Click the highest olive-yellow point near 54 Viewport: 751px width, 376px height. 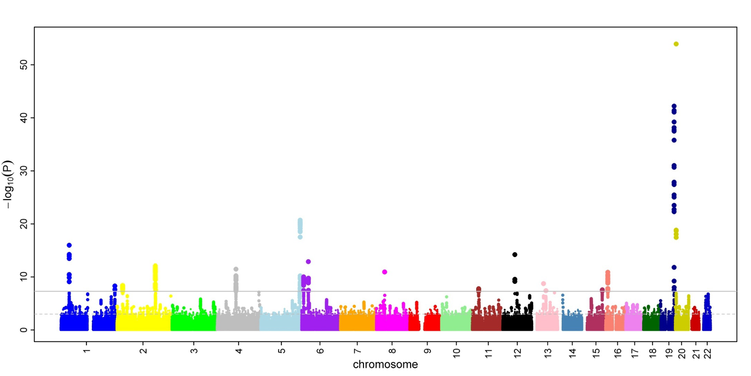(x=676, y=44)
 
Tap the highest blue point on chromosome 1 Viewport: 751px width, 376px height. (x=70, y=245)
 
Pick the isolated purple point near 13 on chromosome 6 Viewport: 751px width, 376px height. (x=308, y=261)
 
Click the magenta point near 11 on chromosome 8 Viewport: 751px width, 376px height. (x=385, y=272)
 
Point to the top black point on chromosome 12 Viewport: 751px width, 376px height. (x=515, y=254)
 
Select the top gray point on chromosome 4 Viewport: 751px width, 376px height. (x=236, y=269)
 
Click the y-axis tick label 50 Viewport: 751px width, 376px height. (x=24, y=65)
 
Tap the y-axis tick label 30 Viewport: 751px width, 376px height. (x=24, y=171)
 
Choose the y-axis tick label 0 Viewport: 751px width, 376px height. (x=24, y=330)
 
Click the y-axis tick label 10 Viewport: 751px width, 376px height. (x=24, y=277)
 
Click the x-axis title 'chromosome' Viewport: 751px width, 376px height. (x=385, y=364)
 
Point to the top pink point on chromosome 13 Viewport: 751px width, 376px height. (x=544, y=283)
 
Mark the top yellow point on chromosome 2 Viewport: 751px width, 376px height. (x=155, y=266)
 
